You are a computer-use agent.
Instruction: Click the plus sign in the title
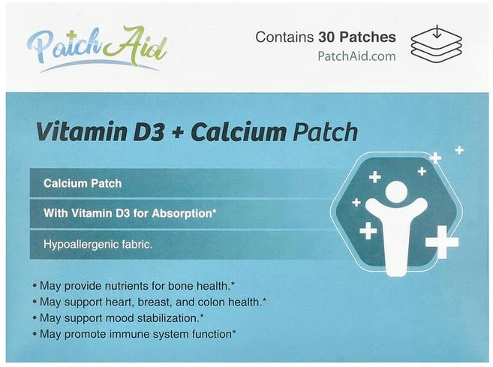pos(176,134)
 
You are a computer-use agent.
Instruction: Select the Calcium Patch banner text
pos(83,183)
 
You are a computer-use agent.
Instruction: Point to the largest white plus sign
pos(442,242)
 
